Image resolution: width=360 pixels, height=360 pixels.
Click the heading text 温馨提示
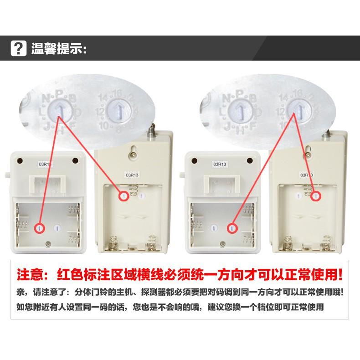point(58,48)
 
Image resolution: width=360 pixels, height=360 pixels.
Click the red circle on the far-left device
point(40,227)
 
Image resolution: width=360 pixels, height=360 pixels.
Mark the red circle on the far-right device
point(315,196)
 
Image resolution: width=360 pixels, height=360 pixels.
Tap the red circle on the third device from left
point(233,227)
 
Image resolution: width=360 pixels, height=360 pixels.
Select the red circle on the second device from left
point(123,196)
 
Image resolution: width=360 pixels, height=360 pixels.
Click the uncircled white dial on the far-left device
point(57,227)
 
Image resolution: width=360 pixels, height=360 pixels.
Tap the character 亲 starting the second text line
point(21,292)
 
